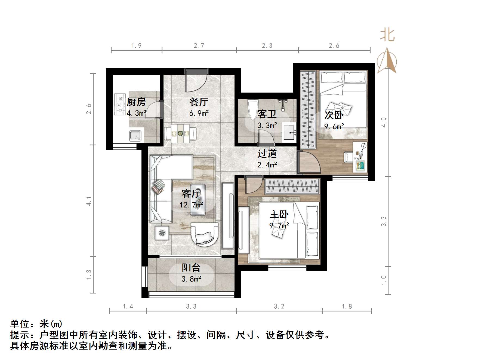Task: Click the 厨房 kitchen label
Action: click(x=136, y=102)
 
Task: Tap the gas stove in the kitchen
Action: click(x=119, y=105)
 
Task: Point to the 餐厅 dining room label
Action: click(x=199, y=102)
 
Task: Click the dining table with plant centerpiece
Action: click(x=180, y=133)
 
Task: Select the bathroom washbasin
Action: click(x=289, y=133)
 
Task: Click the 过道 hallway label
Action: click(x=267, y=154)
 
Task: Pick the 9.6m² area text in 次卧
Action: click(x=334, y=127)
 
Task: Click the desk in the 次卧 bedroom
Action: click(x=360, y=157)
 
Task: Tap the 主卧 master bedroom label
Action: click(x=279, y=215)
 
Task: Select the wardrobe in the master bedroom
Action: click(x=292, y=186)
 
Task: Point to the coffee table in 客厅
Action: click(x=198, y=200)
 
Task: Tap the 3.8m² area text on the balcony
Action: click(x=191, y=279)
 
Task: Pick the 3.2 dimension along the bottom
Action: click(x=279, y=307)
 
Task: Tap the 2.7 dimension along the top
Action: click(x=199, y=46)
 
